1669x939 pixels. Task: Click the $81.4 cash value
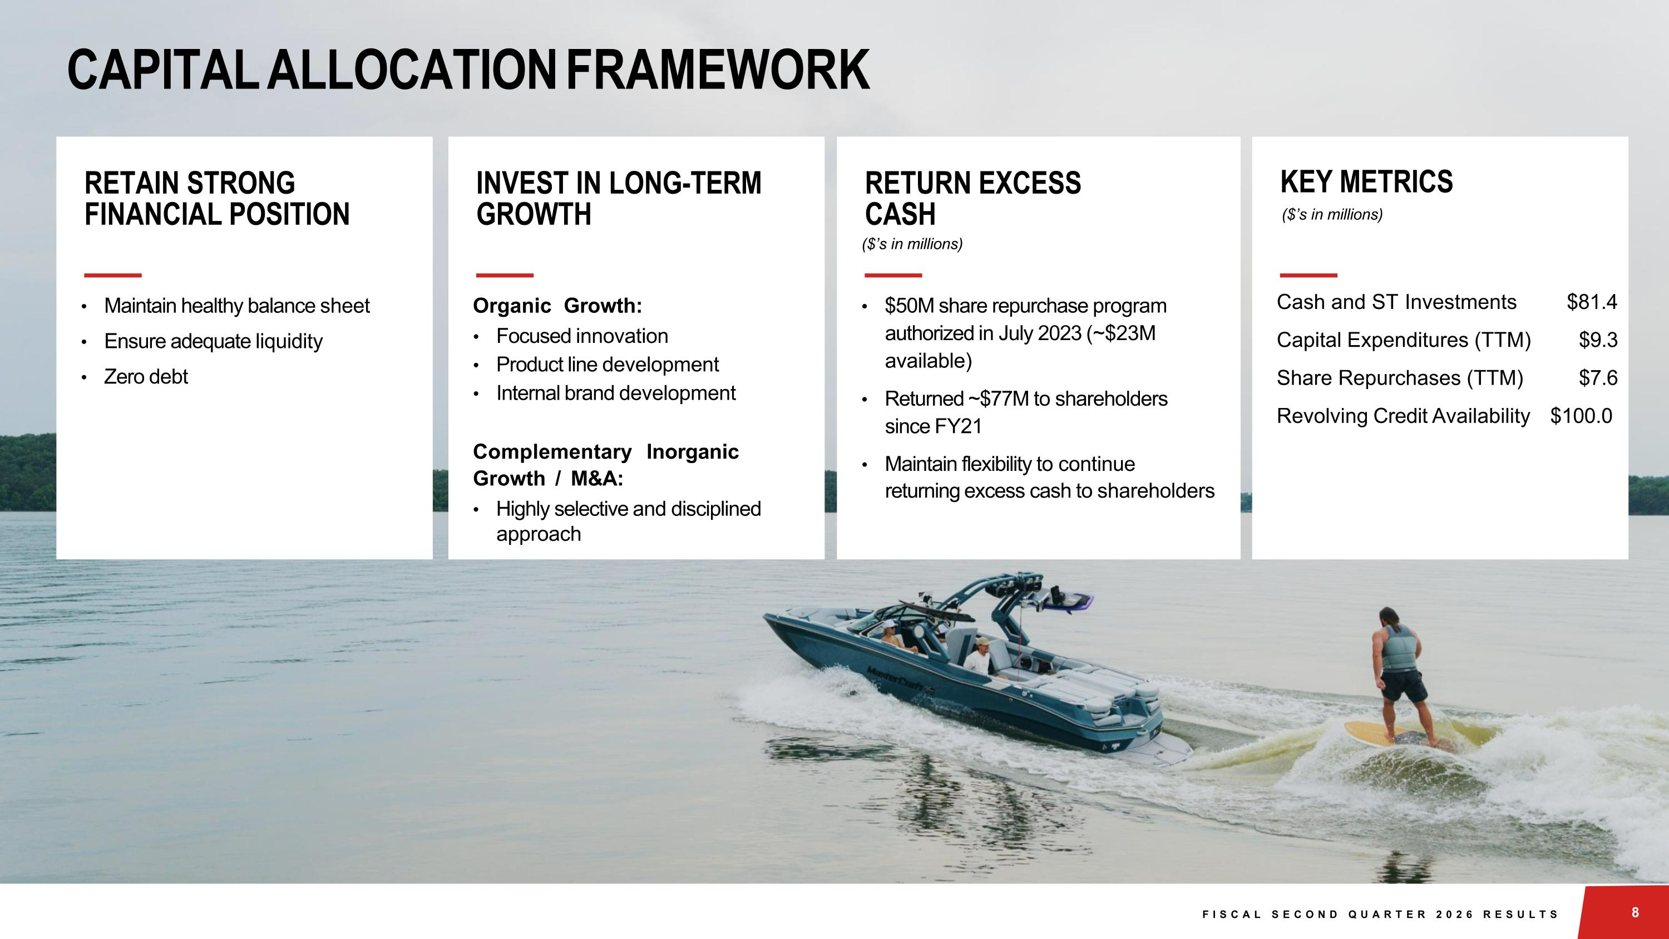1591,302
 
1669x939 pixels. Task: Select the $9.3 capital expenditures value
1598,340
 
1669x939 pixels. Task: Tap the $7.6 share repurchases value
1598,378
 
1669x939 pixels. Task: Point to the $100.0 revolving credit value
1581,415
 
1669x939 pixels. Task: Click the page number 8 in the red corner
1635,912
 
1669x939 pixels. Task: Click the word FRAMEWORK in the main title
718,70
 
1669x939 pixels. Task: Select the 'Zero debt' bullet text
146,376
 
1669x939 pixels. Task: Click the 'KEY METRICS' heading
1366,182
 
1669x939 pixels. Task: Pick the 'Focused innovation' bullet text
582,336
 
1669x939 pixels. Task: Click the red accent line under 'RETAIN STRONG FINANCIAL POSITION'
113,276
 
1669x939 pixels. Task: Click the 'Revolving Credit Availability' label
1403,415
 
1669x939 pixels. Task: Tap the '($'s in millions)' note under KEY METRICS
1332,214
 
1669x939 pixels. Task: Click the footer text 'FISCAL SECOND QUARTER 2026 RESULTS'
1380,915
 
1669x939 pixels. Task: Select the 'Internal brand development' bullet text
615,393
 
